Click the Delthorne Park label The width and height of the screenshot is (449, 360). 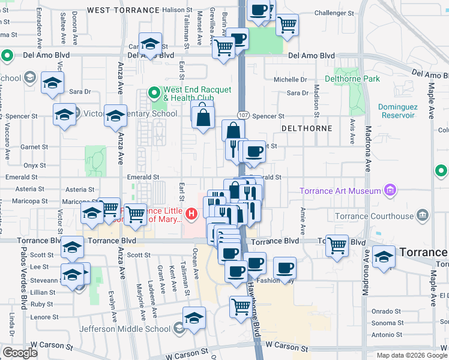click(352, 79)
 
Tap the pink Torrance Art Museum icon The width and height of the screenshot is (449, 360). click(390, 191)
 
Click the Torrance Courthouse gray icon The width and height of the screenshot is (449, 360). click(423, 215)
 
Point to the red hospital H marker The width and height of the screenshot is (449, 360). click(191, 213)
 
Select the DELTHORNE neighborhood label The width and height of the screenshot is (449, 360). click(306, 128)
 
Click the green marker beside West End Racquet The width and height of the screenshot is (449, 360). click(154, 93)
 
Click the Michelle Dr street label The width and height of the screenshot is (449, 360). click(291, 79)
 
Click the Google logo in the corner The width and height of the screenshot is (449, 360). click(20, 352)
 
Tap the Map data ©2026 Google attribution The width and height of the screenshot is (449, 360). click(411, 355)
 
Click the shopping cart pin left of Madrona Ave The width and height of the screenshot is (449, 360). click(337, 245)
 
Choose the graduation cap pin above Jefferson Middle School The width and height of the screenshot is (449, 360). click(194, 319)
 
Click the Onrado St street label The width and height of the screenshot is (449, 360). click(386, 311)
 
